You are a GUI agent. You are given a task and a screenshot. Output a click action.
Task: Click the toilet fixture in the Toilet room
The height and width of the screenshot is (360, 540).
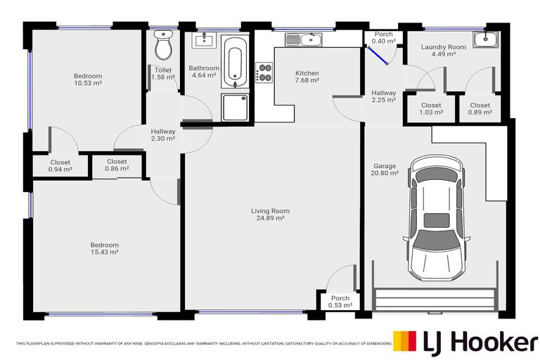164,46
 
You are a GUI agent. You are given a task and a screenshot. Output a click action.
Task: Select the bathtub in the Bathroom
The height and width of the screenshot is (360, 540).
236,63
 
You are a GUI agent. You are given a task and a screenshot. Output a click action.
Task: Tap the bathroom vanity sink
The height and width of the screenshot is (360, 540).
203,39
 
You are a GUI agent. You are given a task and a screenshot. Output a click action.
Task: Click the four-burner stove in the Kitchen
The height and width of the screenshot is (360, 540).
266,73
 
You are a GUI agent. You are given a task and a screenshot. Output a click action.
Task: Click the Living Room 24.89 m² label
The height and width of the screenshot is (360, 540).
271,214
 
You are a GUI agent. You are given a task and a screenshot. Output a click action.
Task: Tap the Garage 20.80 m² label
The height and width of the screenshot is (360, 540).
385,169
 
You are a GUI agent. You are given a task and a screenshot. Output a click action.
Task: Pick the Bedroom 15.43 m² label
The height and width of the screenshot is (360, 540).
104,248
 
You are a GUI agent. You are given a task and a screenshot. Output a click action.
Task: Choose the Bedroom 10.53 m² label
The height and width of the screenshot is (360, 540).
88,79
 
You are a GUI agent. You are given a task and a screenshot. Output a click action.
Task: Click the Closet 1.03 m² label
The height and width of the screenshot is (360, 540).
431,108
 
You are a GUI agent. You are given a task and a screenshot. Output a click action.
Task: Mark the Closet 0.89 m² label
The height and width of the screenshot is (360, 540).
480,108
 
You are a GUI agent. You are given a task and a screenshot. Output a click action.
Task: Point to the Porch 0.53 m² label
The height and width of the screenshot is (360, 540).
339,302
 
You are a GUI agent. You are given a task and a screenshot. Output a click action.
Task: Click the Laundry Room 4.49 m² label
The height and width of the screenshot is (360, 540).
443,51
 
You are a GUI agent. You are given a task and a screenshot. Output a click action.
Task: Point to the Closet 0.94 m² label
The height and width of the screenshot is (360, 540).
60,166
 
